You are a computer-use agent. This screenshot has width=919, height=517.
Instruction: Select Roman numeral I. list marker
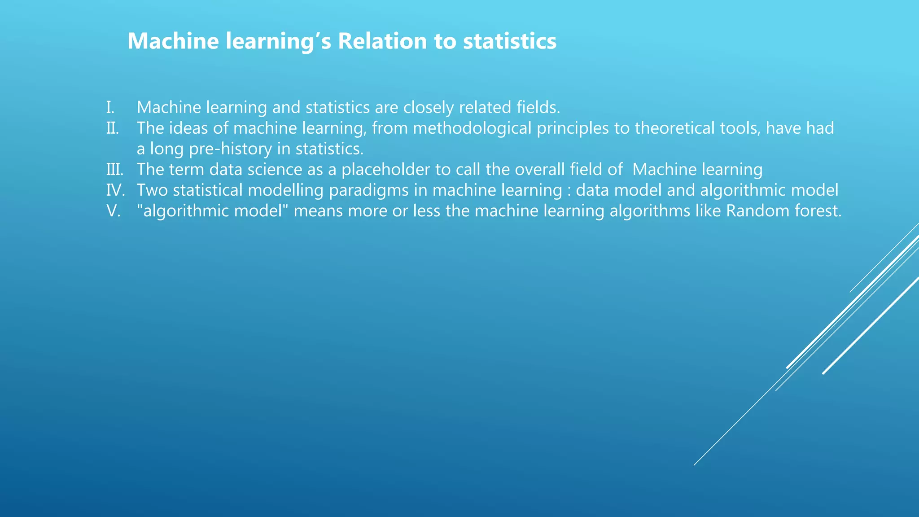[x=110, y=108]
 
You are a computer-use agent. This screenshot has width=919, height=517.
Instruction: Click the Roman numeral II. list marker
[x=113, y=128]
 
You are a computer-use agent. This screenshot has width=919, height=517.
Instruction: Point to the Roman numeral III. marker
[x=114, y=170]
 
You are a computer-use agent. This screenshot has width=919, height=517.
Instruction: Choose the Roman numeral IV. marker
[x=115, y=190]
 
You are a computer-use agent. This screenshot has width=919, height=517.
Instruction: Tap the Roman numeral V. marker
[x=114, y=211]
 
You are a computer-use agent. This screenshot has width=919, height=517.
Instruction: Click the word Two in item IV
[x=152, y=190]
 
